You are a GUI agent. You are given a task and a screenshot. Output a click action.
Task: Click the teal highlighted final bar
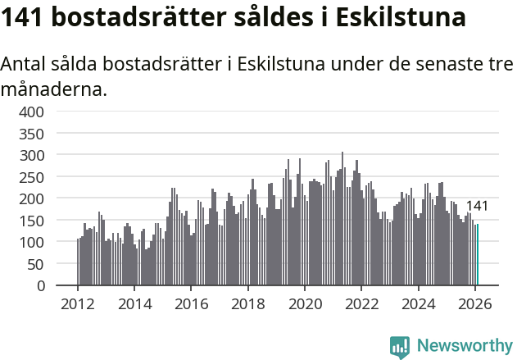[477, 255]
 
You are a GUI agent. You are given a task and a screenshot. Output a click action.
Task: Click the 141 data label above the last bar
[477, 207]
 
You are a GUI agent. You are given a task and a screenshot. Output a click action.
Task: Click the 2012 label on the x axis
[78, 303]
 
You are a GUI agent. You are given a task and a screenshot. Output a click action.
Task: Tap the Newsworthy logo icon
[400, 347]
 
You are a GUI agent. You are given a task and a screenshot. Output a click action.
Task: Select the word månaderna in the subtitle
[54, 89]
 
